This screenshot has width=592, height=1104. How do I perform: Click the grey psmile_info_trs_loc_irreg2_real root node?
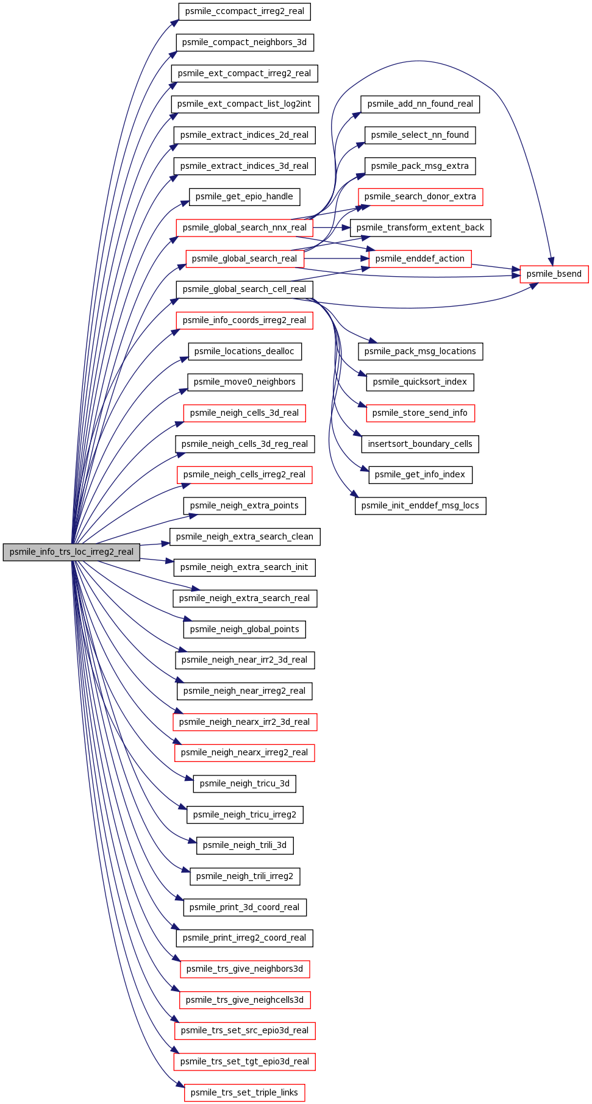tap(71, 552)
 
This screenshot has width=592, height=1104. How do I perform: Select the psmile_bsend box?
tap(554, 274)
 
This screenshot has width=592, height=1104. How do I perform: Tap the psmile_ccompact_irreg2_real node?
tap(244, 11)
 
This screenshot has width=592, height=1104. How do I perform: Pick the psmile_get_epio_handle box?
tap(244, 196)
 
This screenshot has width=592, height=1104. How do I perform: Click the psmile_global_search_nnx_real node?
tap(244, 227)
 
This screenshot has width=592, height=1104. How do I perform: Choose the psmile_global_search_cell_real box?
tap(244, 289)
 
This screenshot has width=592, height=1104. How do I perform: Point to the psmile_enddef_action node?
tap(420, 258)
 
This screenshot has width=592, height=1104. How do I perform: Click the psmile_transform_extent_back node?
tap(421, 227)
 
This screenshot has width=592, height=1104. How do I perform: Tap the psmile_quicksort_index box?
tap(420, 382)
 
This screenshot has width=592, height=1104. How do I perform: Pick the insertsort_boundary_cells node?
tap(420, 444)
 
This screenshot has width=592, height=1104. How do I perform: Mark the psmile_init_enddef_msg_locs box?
tap(421, 505)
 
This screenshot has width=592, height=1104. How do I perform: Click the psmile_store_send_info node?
tap(420, 413)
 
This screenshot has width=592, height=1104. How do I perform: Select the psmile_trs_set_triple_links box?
tap(244, 1092)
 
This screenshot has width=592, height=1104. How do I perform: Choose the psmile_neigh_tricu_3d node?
tap(244, 783)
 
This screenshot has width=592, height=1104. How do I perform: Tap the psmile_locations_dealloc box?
tap(244, 351)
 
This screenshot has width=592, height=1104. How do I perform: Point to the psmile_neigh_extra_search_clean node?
tap(244, 536)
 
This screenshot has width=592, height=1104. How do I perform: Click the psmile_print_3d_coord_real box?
tap(244, 907)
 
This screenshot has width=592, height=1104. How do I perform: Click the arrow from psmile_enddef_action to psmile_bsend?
tap(496, 267)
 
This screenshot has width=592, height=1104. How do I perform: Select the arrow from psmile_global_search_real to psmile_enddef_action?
tap(337, 258)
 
